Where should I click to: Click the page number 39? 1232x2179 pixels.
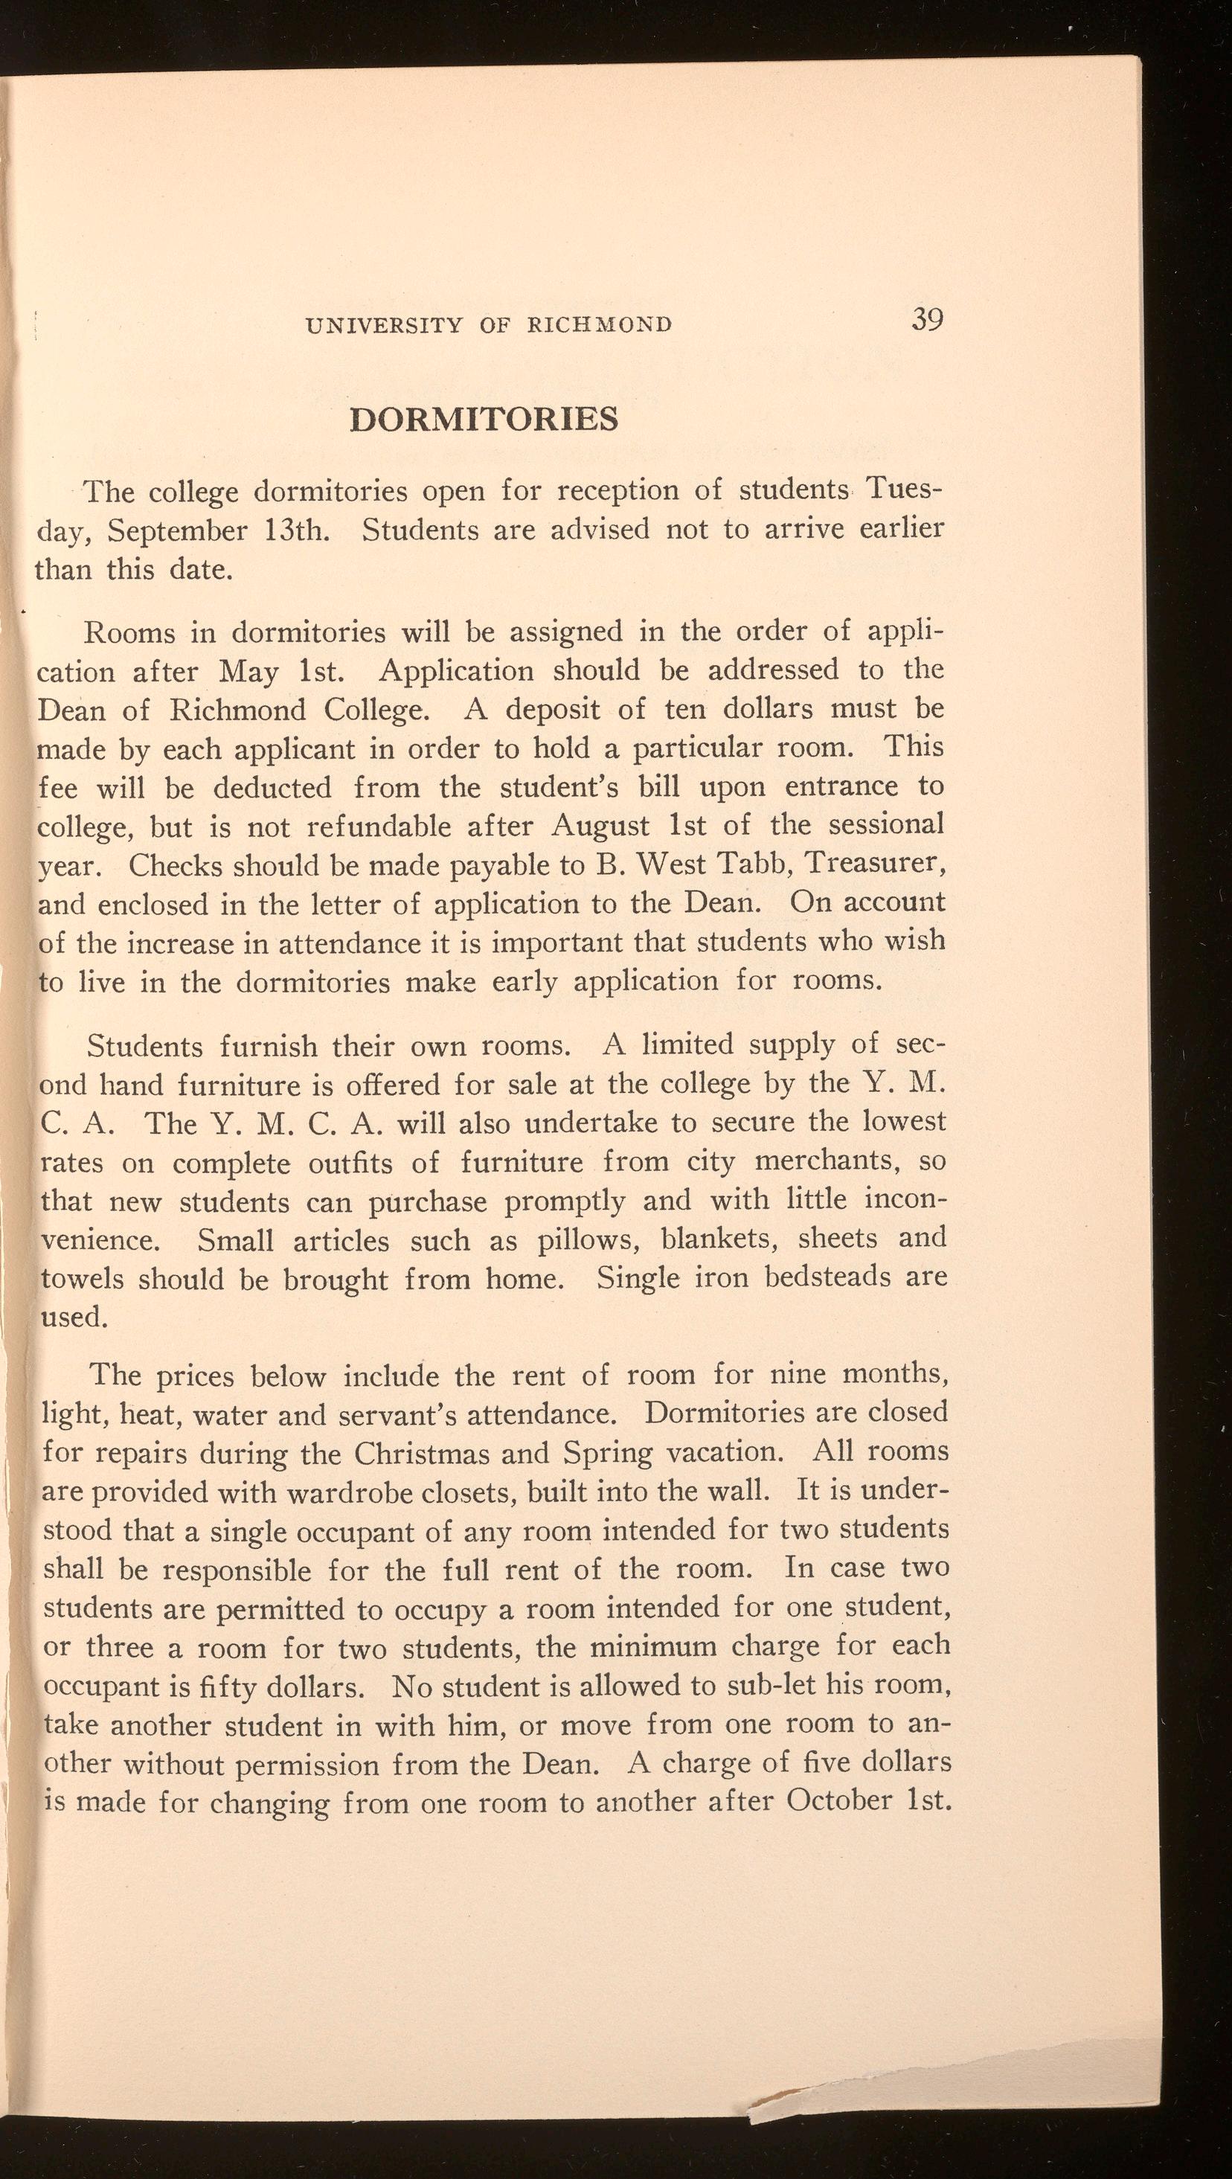pos(928,320)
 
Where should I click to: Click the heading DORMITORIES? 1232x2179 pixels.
pos(484,420)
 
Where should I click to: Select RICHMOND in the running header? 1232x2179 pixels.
pos(599,325)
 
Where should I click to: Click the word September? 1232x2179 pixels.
pos(179,531)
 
